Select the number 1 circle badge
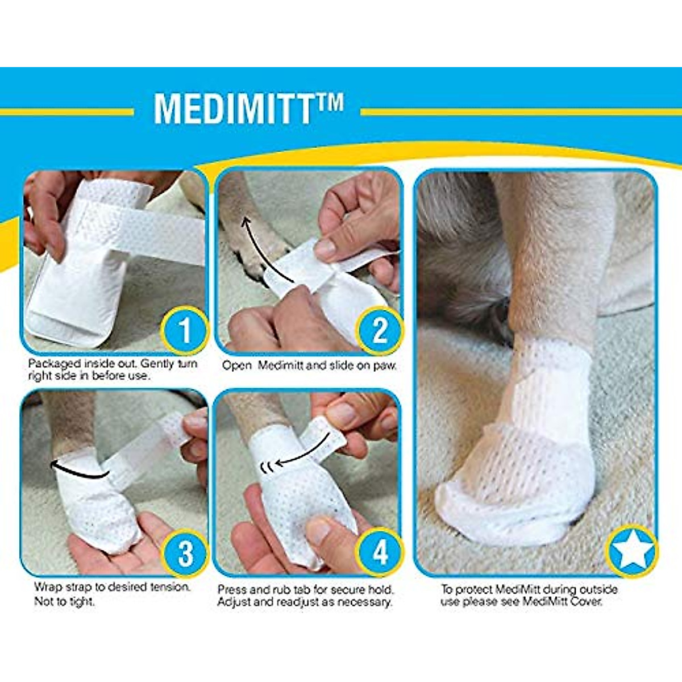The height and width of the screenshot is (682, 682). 184,330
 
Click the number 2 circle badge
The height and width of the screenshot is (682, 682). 379,330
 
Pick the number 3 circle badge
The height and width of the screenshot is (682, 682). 185,552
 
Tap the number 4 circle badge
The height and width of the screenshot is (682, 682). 379,552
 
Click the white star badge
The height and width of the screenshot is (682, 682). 631,550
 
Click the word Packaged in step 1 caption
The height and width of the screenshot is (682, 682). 53,364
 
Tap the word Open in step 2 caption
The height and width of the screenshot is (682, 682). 236,365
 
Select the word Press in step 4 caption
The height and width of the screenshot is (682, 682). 232,589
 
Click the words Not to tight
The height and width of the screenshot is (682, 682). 64,601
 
